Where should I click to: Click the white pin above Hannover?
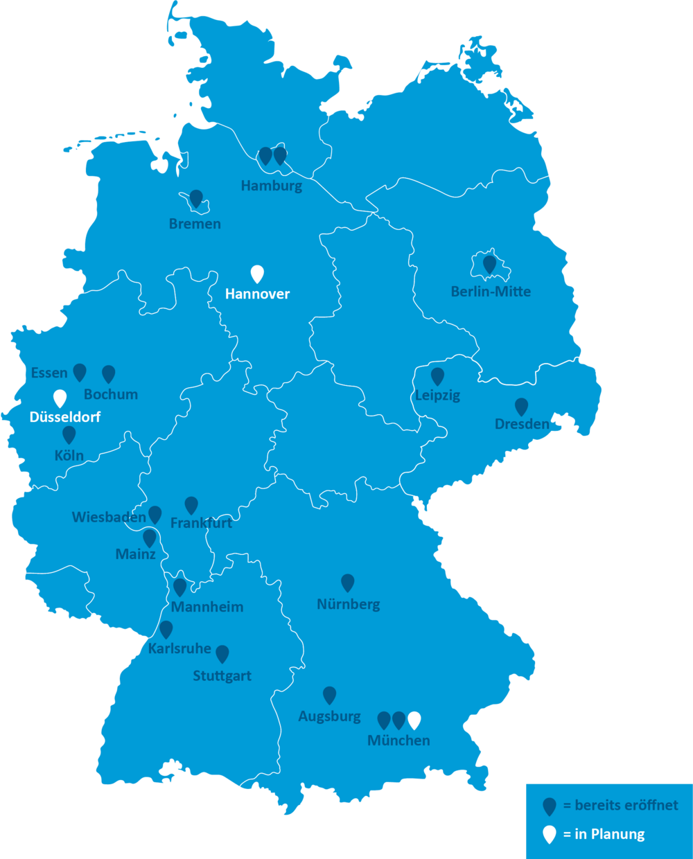pyautogui.click(x=257, y=274)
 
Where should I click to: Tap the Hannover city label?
pyautogui.click(x=257, y=294)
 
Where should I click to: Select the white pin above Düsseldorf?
pyautogui.click(x=60, y=398)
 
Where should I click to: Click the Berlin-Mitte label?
pyautogui.click(x=491, y=292)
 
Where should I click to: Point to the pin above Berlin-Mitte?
pyautogui.click(x=489, y=264)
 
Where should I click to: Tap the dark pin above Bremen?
pyautogui.click(x=196, y=198)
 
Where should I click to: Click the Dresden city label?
pyautogui.click(x=522, y=424)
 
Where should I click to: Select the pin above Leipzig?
pyautogui.click(x=437, y=376)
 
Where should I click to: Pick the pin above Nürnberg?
pyautogui.click(x=348, y=583)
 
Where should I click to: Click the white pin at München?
pyautogui.click(x=414, y=720)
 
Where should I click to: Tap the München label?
pyautogui.click(x=398, y=740)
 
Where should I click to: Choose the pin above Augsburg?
pyautogui.click(x=330, y=695)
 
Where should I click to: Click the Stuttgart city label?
pyautogui.click(x=222, y=675)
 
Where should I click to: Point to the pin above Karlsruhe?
pyautogui.click(x=166, y=629)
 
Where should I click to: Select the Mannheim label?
pyautogui.click(x=207, y=607)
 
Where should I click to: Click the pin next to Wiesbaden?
pyautogui.click(x=155, y=514)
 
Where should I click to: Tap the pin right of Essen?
pyautogui.click(x=80, y=372)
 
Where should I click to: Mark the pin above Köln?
pyautogui.click(x=69, y=434)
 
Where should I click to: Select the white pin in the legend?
pyautogui.click(x=550, y=834)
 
